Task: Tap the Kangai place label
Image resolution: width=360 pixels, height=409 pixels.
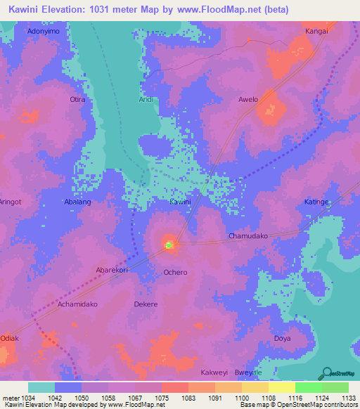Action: pos(316,32)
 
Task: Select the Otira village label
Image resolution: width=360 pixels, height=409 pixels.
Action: pos(77,100)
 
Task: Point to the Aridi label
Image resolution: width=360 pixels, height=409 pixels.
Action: pos(146,100)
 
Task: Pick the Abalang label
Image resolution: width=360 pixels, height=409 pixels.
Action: pos(78,202)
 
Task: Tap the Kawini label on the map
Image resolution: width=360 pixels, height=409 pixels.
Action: pos(180,202)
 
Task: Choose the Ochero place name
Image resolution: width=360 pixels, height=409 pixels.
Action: pos(175,272)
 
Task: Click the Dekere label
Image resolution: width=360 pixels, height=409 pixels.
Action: pos(146,304)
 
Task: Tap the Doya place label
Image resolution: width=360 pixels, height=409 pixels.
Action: pos(282,339)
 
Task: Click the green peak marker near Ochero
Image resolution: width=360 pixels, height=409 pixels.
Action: pos(169,245)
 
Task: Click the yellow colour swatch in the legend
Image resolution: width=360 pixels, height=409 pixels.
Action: pos(281,387)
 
